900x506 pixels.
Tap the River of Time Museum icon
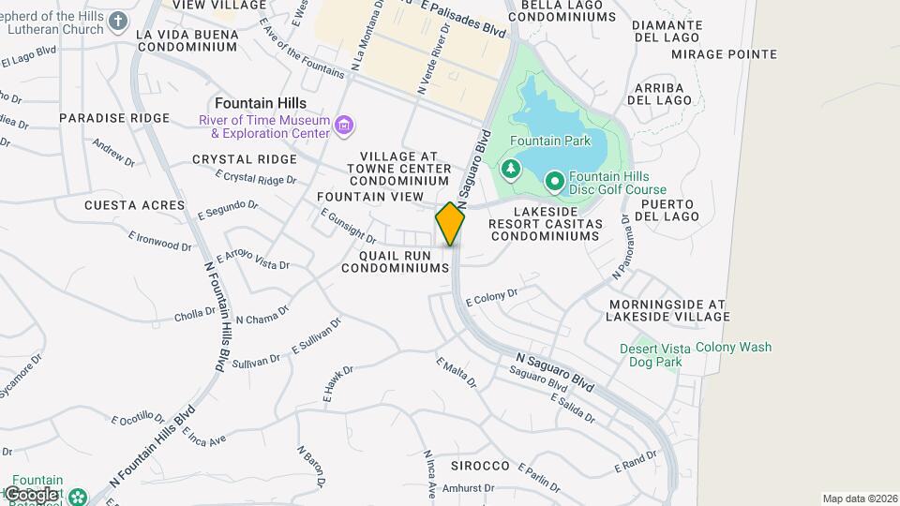point(344,126)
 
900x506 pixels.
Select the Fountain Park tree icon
point(511,170)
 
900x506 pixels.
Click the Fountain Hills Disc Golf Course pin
point(554,179)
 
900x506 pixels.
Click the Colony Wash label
point(734,347)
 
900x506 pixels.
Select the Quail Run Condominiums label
point(396,261)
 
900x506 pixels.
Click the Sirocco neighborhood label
point(479,466)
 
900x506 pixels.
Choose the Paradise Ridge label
point(114,118)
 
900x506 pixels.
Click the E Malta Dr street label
point(457,372)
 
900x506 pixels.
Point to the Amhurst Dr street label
point(468,488)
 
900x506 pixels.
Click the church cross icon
point(118,21)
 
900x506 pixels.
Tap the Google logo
point(31,494)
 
